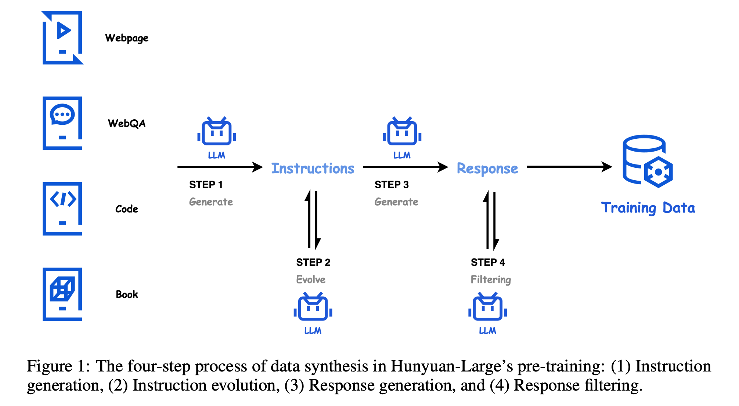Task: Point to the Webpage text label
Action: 127,38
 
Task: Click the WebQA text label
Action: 127,123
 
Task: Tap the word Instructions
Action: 313,168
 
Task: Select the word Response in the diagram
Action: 487,168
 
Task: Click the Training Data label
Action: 648,208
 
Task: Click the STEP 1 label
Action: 206,185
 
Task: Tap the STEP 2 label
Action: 313,262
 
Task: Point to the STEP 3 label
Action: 392,185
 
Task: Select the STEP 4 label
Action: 488,262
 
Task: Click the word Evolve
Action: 311,279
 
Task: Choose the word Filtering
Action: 491,280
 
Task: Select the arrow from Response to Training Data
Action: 570,167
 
